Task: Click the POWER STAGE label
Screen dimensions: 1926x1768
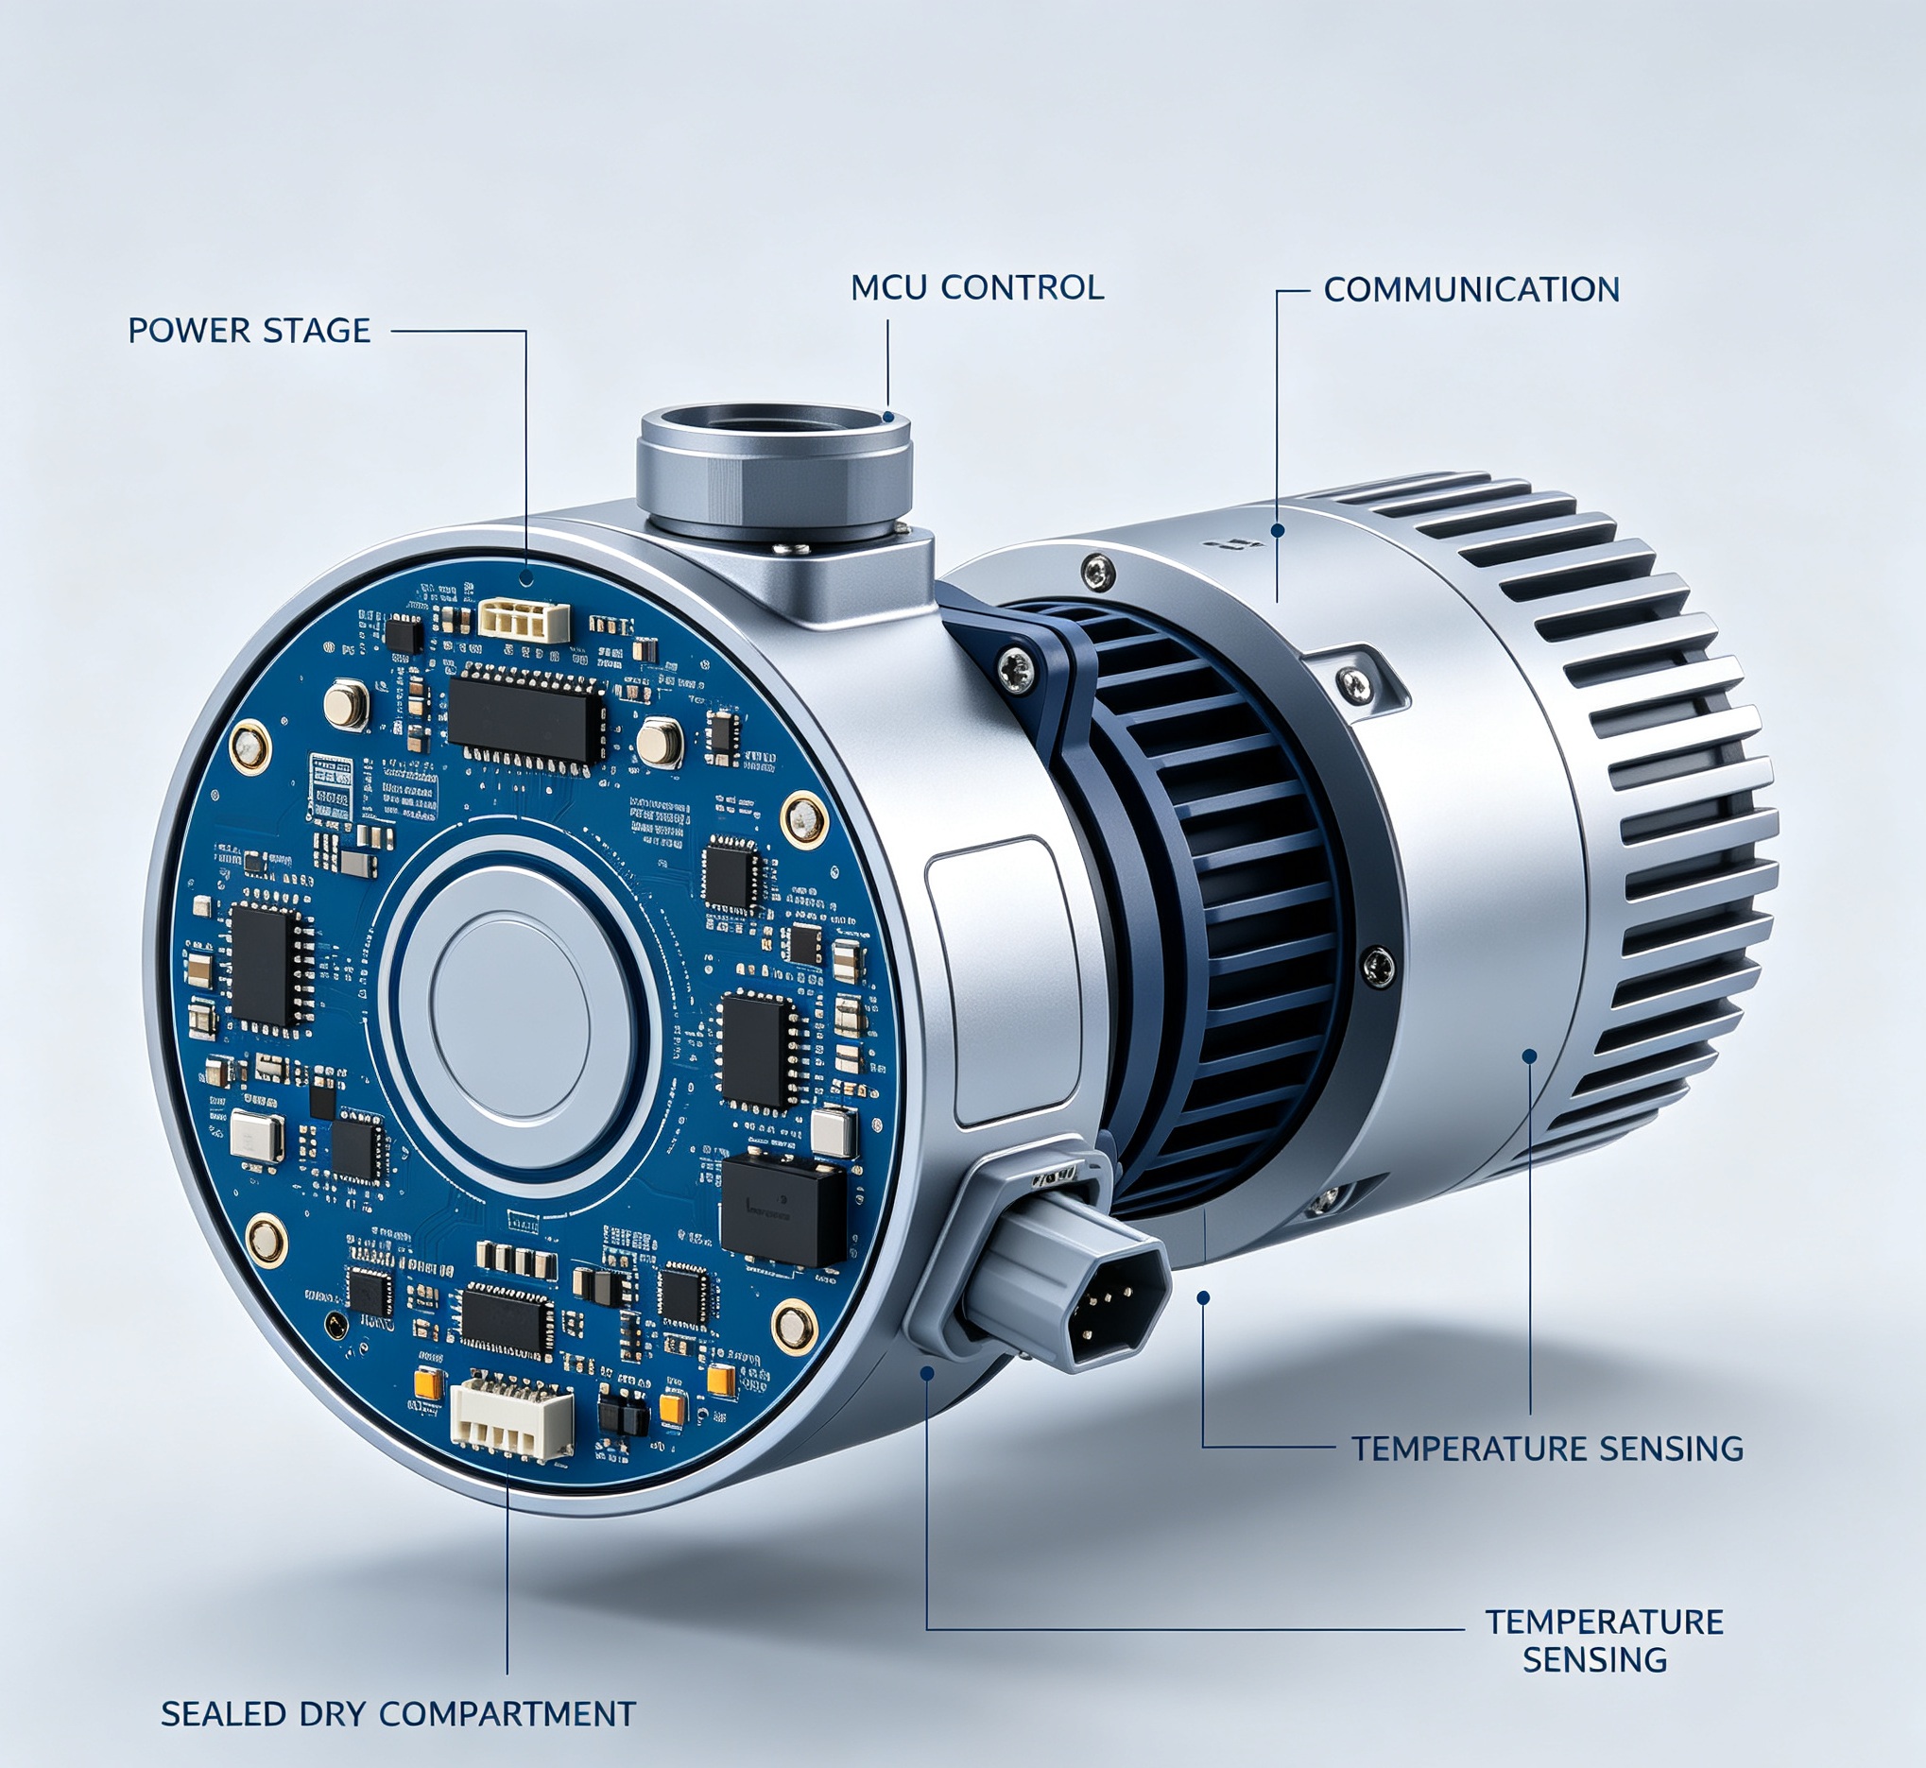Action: click(x=249, y=330)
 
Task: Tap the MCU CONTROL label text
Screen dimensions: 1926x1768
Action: click(x=977, y=287)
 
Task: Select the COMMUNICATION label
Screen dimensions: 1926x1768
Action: click(x=1470, y=290)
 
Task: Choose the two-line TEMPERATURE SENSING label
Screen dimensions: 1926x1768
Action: click(x=1604, y=1639)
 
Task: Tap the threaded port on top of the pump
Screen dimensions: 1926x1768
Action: click(x=775, y=469)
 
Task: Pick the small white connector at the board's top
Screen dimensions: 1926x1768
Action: click(x=524, y=621)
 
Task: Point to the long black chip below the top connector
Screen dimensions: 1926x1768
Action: click(x=526, y=714)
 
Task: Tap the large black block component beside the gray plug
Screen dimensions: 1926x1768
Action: click(x=782, y=1210)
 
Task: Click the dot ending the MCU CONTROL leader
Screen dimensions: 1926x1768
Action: click(x=889, y=416)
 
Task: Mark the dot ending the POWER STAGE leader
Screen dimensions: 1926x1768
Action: click(x=525, y=578)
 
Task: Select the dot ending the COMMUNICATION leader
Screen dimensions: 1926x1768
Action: click(x=1278, y=530)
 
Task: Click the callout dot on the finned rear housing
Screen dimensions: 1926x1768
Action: click(x=1529, y=1056)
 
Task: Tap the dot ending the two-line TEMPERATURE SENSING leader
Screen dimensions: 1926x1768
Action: click(x=926, y=1372)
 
